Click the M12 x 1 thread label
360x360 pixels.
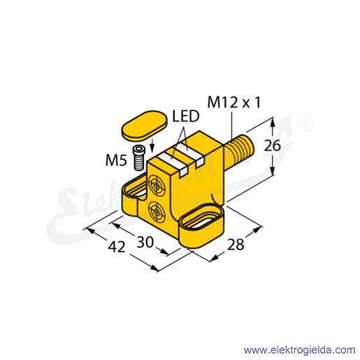point(234,103)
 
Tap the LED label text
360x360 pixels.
point(186,116)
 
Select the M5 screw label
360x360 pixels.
point(116,160)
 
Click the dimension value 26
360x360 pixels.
point(272,146)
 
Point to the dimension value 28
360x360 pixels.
point(236,245)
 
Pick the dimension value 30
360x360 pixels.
point(145,242)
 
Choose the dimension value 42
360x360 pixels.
point(117,247)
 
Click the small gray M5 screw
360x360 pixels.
point(139,158)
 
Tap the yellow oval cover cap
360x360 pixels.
point(145,126)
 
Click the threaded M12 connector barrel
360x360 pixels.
point(239,150)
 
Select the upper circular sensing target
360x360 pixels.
point(157,186)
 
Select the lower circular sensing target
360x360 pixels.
point(157,212)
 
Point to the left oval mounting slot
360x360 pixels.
point(134,189)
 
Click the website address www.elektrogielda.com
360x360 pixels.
point(299,350)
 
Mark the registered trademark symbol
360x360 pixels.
point(306,124)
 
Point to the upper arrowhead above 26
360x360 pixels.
point(272,122)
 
